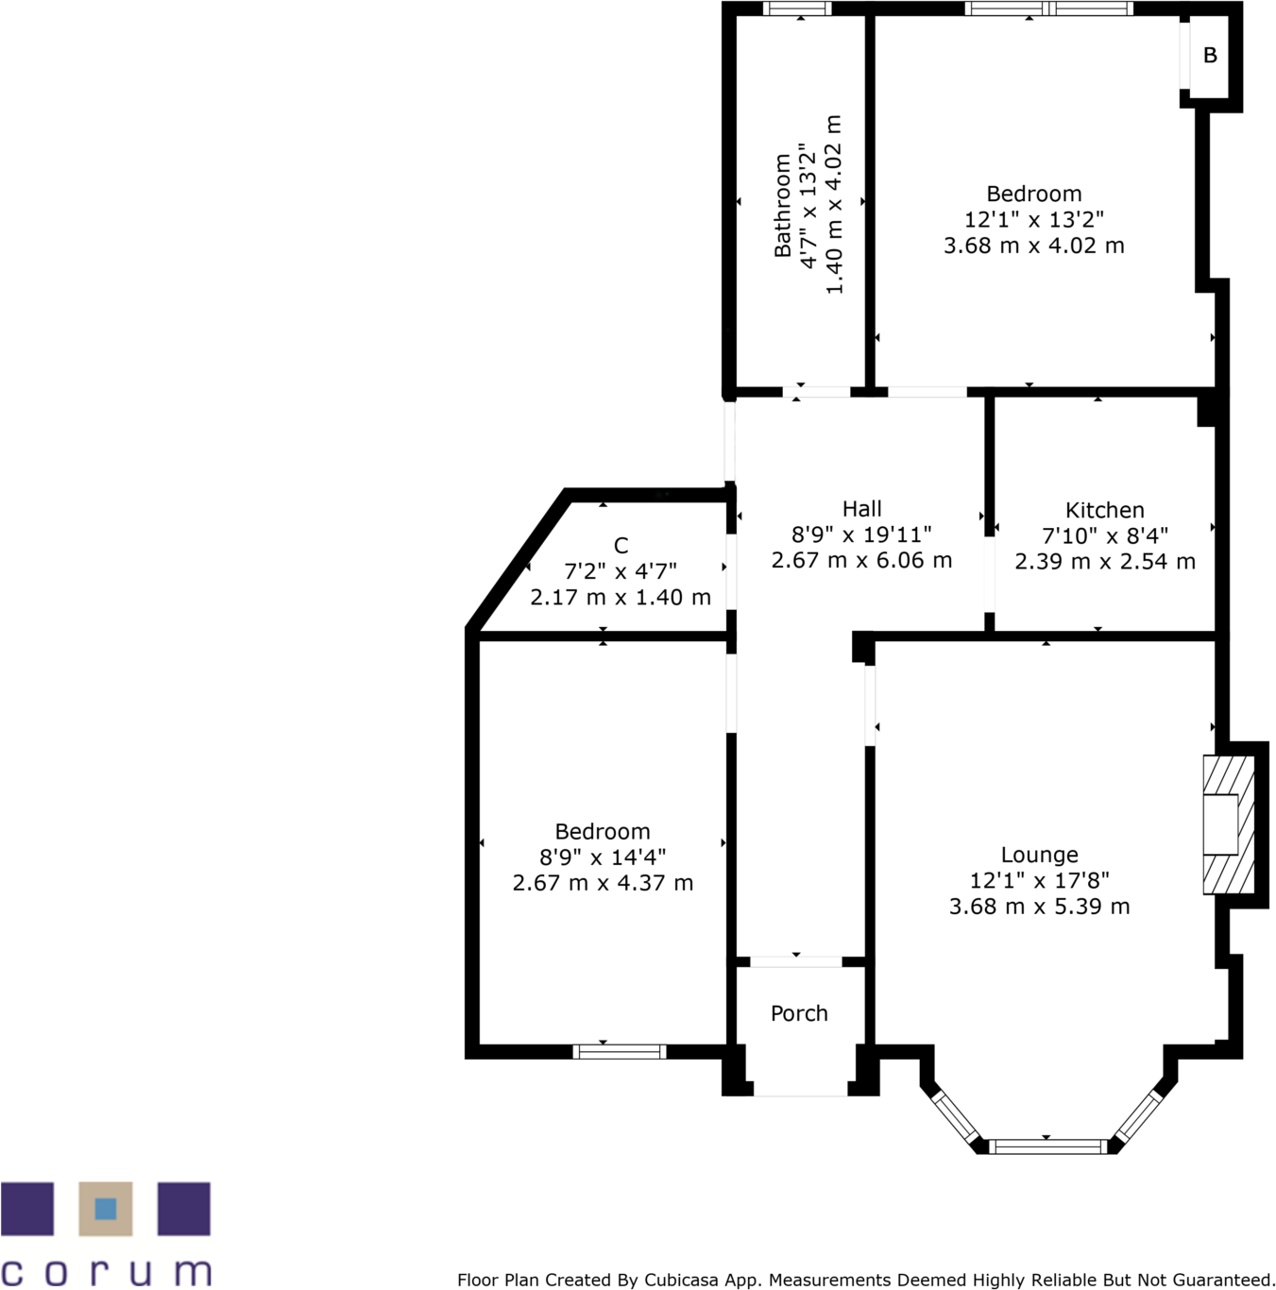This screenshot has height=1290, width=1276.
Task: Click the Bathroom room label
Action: point(782,205)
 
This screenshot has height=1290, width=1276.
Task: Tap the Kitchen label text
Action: point(1104,510)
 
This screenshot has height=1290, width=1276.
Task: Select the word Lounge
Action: point(1039,855)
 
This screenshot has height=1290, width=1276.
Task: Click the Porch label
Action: point(799,1013)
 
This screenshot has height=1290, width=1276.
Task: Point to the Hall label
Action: point(861,509)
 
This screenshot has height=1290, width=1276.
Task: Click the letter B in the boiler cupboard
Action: point(1210,56)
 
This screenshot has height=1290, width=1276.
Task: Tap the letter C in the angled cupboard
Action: point(621,546)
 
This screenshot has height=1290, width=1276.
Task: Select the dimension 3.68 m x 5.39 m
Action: point(1039,907)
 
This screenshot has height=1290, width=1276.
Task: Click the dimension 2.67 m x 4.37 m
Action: point(603,883)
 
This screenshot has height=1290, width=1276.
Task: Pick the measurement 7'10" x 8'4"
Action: point(1104,535)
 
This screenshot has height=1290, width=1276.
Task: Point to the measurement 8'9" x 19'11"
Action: point(861,535)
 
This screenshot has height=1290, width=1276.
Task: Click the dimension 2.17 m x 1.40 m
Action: point(621,597)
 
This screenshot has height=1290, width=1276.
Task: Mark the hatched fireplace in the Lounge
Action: point(1228,824)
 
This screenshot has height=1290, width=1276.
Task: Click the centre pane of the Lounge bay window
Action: point(1047,1146)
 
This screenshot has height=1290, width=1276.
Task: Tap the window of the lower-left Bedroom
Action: point(620,1051)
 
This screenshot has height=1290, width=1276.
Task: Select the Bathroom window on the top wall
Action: point(797,9)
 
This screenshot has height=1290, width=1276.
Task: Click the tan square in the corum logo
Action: point(106,1209)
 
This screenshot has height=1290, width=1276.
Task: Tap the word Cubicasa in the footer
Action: point(680,1281)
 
